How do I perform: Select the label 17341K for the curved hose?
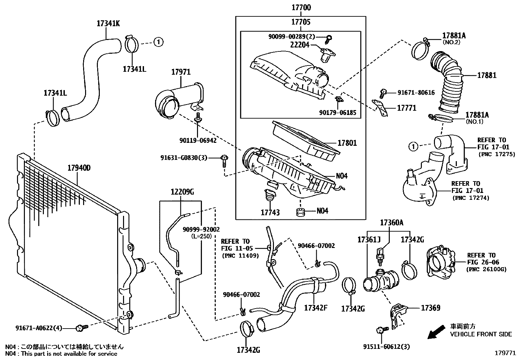tap(108, 23)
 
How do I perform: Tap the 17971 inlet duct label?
tap(181, 72)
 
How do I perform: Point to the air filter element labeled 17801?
tap(347, 143)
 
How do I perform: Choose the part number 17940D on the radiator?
tap(79, 168)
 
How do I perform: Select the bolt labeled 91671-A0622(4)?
tap(80, 327)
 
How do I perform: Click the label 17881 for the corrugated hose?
tap(487, 75)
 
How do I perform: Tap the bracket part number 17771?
tap(407, 108)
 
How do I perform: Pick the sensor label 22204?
tap(300, 45)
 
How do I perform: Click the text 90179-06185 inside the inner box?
tap(337, 113)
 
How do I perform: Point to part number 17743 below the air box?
tap(270, 213)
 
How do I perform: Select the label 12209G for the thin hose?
tap(182, 192)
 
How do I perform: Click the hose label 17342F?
tap(316, 308)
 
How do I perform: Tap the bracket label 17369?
tap(430, 308)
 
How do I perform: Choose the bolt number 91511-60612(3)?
tap(386, 347)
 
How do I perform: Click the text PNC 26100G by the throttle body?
tap(486, 269)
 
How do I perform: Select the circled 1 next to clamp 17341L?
tap(158, 42)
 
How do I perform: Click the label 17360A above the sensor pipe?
tap(391, 223)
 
